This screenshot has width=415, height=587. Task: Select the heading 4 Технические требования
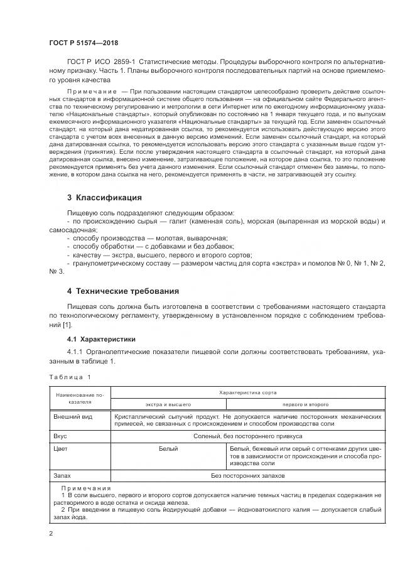(x=123, y=291)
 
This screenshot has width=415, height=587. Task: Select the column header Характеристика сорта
(x=247, y=392)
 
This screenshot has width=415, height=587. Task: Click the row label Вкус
(x=62, y=436)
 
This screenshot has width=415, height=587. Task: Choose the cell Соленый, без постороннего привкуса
(x=247, y=436)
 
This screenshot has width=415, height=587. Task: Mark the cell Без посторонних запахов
(x=247, y=477)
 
